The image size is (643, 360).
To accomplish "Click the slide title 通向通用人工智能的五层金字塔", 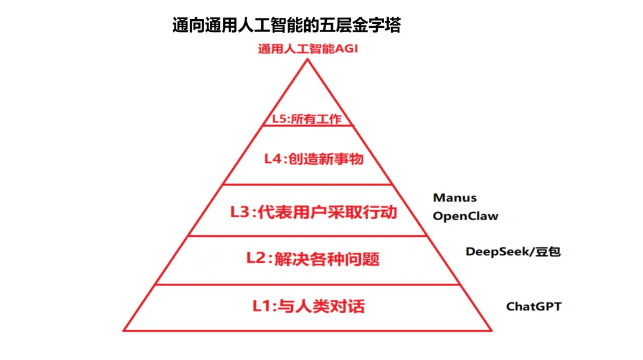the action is [x=286, y=26].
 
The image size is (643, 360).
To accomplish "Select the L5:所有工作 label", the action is [x=307, y=118].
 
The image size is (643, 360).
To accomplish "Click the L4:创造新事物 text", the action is [x=314, y=159].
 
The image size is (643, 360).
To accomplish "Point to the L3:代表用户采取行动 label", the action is [x=313, y=212].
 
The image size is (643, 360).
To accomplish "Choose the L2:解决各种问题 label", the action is [x=313, y=259].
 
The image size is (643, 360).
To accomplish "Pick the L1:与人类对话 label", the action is [x=308, y=306].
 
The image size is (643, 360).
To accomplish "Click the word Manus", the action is [x=455, y=198].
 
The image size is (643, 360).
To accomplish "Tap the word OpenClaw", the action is [x=466, y=216].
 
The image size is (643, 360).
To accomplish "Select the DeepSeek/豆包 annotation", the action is [x=513, y=251].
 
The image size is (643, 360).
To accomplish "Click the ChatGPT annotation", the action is [x=534, y=306].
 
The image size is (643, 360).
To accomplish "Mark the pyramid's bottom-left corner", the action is [x=124, y=330].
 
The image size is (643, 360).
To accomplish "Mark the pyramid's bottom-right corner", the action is [x=492, y=330].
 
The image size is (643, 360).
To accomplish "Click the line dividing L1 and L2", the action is [x=308, y=284].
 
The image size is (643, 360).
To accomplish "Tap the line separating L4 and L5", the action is [x=308, y=126].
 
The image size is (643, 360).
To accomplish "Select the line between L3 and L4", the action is [x=308, y=184].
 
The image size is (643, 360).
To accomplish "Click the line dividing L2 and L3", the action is [x=308, y=236].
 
